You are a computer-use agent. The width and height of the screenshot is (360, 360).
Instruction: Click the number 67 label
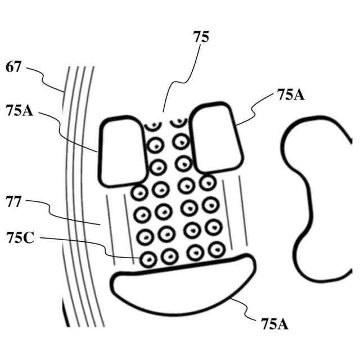13,68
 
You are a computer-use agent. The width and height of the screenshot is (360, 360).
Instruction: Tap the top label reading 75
201,38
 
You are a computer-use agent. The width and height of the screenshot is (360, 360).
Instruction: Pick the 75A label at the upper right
291,94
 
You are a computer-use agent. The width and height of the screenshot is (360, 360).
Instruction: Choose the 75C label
20,238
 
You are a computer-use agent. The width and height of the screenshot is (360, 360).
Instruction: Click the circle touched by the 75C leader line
147,259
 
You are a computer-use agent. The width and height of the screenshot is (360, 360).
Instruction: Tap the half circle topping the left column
152,123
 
